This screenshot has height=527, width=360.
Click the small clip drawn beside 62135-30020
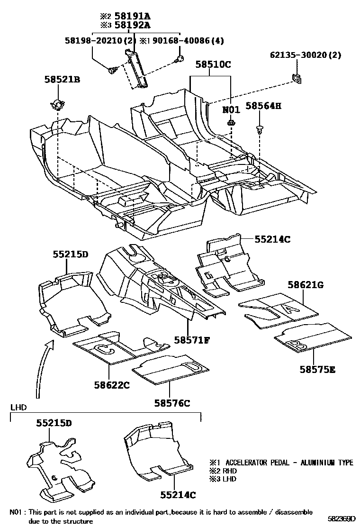tap(297, 78)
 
